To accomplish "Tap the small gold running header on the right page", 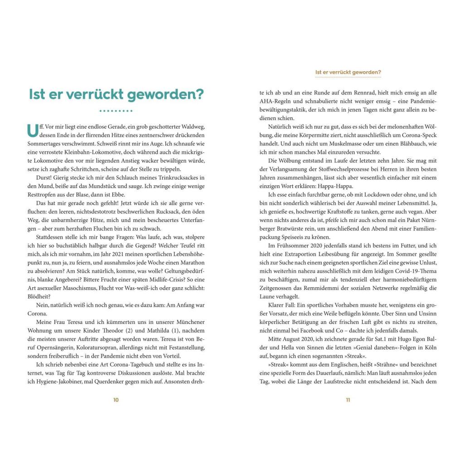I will (348, 72).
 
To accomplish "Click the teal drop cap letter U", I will (33, 130).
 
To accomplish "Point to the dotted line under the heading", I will (116, 111).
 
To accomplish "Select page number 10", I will (116, 400).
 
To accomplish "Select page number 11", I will (348, 400).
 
